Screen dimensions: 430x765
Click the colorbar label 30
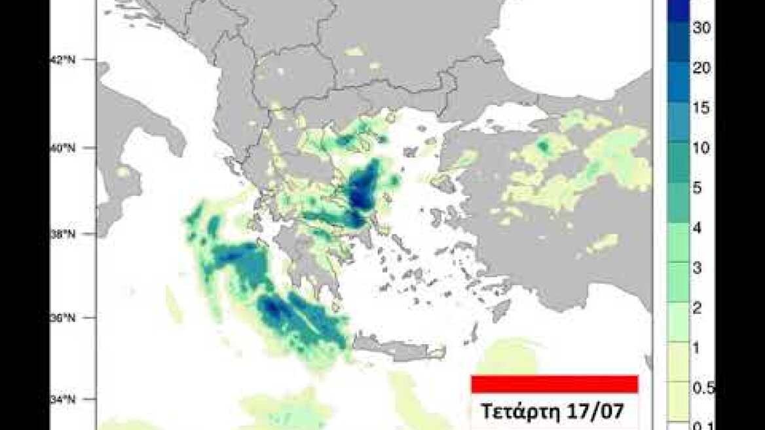(703, 28)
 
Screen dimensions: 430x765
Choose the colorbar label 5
(698, 189)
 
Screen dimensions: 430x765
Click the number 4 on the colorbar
(698, 229)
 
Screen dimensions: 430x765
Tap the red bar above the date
(554, 384)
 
